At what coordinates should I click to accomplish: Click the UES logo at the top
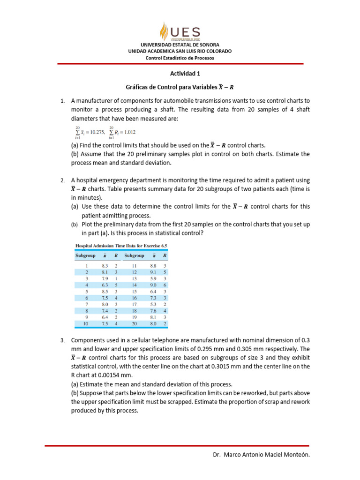point(180,31)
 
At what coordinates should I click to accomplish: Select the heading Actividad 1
point(180,74)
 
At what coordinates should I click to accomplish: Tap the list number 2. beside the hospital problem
point(62,180)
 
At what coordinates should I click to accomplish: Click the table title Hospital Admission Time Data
point(121,246)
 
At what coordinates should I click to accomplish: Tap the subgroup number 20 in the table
point(135,323)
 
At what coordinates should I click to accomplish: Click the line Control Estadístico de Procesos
point(180,58)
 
